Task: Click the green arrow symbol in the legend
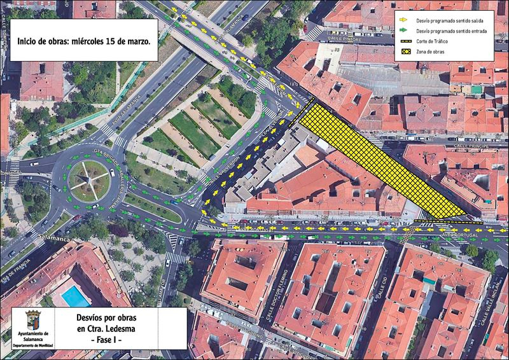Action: pos(405,31)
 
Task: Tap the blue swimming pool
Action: pos(74,296)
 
